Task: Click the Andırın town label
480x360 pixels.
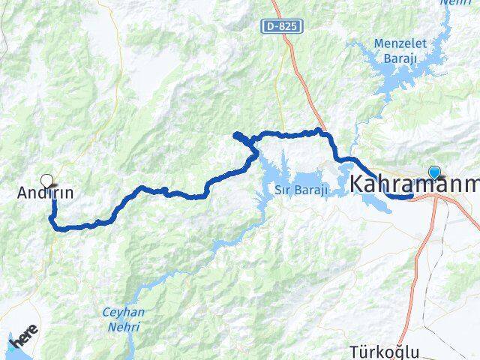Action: [46, 193]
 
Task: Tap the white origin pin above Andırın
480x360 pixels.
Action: [47, 180]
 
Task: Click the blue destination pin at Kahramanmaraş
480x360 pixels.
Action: [434, 172]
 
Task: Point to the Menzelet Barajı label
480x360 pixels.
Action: [404, 50]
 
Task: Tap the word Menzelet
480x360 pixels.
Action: [404, 43]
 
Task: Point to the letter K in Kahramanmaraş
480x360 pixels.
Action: [357, 184]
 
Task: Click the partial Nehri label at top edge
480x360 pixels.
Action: [455, 3]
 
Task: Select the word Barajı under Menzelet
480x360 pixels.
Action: [404, 58]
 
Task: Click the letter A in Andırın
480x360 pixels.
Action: [22, 193]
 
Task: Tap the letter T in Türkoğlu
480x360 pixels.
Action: [355, 352]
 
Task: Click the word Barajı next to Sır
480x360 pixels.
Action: [312, 189]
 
